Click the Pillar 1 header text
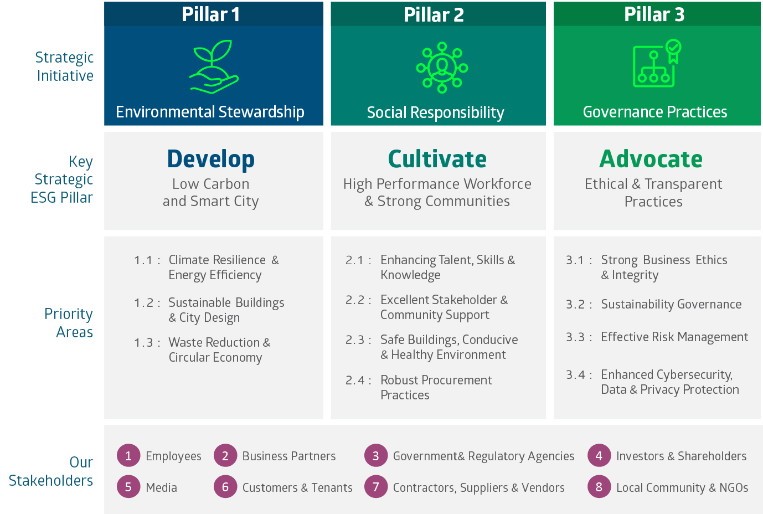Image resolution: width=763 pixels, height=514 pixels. point(211,14)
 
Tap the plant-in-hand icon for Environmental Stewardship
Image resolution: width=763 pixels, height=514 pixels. point(214,66)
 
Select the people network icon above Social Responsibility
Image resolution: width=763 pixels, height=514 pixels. point(442,67)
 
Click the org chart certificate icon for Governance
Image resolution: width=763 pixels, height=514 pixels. point(657,64)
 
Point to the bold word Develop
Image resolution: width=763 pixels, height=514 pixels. point(211,159)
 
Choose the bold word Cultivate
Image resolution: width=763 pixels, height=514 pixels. point(437,159)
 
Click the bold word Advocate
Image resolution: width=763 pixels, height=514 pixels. point(651,159)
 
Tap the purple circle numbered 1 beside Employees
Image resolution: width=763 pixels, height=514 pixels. point(128,456)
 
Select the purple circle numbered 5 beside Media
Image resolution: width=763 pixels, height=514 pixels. point(128,487)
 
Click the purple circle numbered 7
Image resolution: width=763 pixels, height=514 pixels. point(376,487)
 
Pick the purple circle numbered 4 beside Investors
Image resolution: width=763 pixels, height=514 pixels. point(599,456)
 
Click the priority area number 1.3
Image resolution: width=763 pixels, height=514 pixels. point(144,343)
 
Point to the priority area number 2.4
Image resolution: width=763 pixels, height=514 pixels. point(355,381)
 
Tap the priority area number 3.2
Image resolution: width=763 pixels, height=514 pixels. point(576,305)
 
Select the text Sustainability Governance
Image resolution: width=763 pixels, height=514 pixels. point(671,304)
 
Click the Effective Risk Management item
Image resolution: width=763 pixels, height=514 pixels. point(674,337)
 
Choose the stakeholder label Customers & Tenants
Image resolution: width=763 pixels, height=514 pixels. point(297,487)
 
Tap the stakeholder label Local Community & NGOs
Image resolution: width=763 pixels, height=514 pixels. point(682,487)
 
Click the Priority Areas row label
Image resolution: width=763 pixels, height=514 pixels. point(69,323)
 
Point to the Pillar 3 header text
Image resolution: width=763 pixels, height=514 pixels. point(654,14)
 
